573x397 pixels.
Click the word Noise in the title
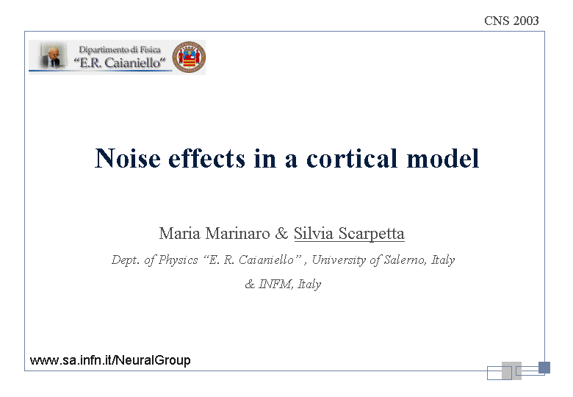[x=128, y=158]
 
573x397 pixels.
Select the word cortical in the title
[x=352, y=158]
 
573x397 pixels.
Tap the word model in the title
[x=442, y=158]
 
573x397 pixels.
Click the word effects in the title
[x=206, y=158]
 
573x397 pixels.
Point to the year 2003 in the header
[x=526, y=21]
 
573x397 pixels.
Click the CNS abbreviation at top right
[x=497, y=21]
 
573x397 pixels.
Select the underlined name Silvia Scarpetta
[x=349, y=234]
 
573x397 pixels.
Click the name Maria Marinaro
[x=215, y=233]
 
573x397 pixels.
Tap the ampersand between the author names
[x=281, y=233]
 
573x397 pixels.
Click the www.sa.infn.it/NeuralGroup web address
[x=110, y=360]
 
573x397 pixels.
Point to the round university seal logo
[x=189, y=57]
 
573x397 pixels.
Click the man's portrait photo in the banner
[x=53, y=56]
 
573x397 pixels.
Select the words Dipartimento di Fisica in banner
[x=120, y=50]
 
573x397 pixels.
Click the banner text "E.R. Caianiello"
[x=120, y=62]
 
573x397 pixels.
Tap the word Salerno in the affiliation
[x=405, y=260]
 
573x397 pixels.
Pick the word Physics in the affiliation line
[x=179, y=260]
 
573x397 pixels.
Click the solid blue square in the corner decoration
[x=544, y=368]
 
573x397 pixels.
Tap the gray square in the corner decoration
[x=511, y=371]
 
